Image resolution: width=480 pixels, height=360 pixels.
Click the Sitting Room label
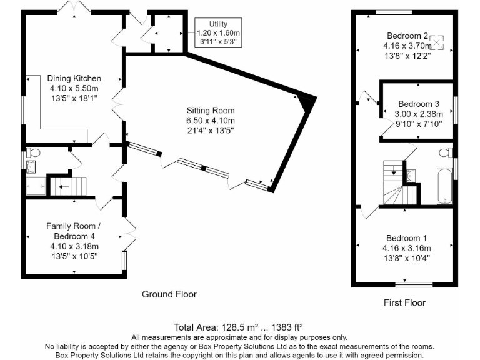pos(211,111)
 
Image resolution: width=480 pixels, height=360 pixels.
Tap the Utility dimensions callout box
pos(218,32)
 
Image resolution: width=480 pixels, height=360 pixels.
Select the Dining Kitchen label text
pos(74,78)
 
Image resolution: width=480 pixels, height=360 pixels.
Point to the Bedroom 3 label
pos(419,104)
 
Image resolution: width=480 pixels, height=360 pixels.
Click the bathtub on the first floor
pos(445,186)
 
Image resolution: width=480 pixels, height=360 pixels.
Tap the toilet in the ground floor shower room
pos(33,152)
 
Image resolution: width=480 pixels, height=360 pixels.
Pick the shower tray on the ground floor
pos(36,186)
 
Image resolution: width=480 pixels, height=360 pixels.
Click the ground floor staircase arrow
pos(64,187)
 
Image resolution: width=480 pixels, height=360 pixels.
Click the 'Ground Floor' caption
pos(169,294)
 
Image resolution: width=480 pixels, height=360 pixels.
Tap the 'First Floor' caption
pos(405,302)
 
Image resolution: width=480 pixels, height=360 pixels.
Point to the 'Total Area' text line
pos(239,327)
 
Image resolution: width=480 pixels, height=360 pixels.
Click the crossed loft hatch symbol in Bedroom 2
pos(436,42)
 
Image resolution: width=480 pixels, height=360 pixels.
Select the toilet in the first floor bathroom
pos(446,152)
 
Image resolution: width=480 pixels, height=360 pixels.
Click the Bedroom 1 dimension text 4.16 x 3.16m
pos(406,248)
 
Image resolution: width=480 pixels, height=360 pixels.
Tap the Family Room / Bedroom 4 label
pos(74,231)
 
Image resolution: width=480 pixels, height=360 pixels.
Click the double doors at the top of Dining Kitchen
pos(74,7)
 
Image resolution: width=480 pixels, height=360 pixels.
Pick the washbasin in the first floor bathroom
pos(411,176)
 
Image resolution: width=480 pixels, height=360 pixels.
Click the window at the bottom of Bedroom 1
pos(414,285)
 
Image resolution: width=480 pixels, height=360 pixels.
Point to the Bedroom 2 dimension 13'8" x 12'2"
pos(407,56)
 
